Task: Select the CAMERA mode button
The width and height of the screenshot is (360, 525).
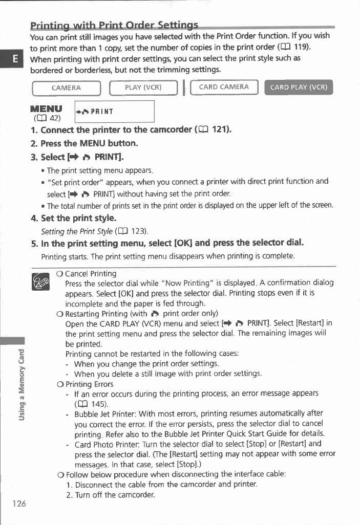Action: (66, 87)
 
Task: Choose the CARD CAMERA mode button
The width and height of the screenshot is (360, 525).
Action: (224, 87)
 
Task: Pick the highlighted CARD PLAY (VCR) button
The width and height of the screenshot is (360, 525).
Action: (298, 87)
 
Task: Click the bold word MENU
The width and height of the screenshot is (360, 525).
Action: (47, 109)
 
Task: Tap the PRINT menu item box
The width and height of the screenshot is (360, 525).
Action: (114, 112)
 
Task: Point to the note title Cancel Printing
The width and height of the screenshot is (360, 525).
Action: (91, 274)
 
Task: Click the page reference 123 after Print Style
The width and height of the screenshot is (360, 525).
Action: (137, 231)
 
